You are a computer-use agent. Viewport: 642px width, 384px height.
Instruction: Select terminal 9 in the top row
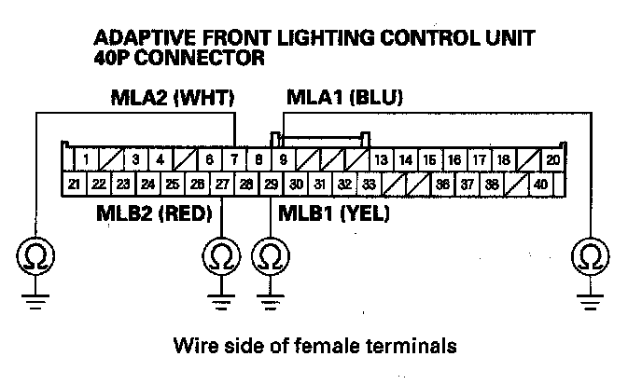[x=283, y=160]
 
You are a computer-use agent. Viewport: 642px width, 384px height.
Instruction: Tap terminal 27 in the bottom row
[x=222, y=184]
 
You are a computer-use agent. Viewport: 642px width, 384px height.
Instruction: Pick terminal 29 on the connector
[x=271, y=184]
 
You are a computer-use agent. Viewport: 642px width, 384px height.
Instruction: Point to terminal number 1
[x=87, y=160]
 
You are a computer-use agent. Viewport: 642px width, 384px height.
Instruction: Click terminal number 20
[x=552, y=160]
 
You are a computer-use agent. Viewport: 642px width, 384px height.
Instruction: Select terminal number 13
[x=382, y=160]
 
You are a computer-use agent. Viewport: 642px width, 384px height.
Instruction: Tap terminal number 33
[x=370, y=184]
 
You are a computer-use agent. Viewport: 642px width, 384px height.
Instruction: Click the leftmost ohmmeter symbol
[x=35, y=254]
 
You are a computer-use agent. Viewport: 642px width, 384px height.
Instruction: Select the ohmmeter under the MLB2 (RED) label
[x=221, y=254]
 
